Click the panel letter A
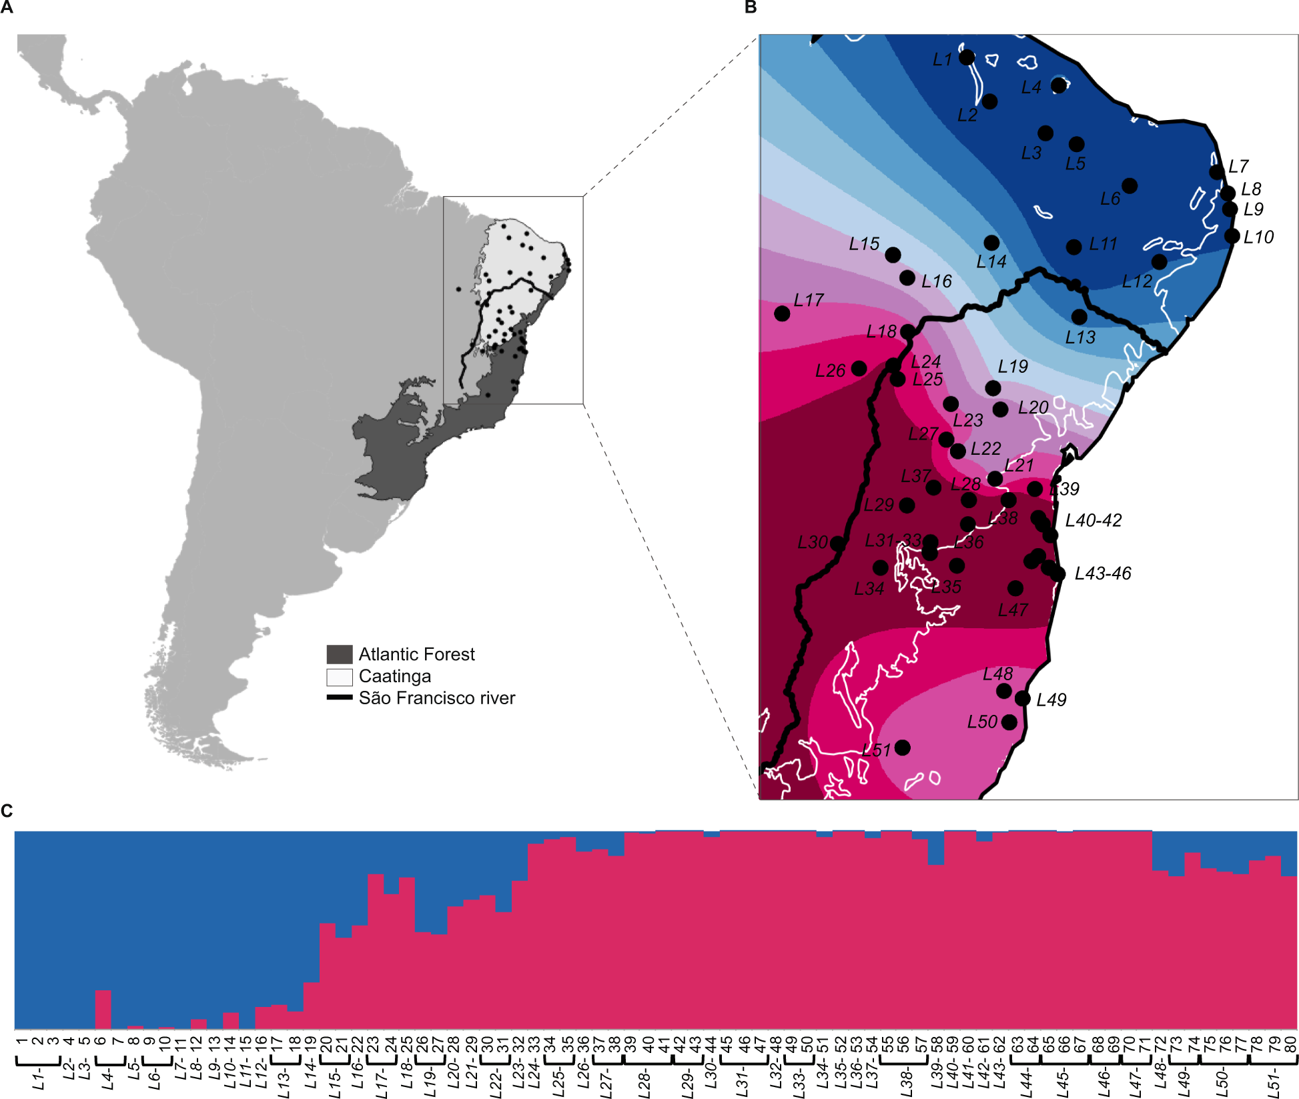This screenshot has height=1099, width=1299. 7,7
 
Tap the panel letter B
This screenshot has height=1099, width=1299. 751,7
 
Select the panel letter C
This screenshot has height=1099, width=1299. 7,810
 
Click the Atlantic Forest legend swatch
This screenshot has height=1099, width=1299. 339,654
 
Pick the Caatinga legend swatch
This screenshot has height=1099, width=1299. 339,677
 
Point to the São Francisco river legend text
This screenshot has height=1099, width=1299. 436,698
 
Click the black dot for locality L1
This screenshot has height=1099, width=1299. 967,57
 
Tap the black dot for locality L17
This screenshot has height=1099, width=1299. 782,313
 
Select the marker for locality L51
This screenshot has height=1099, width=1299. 902,747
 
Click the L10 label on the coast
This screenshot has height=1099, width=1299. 1258,237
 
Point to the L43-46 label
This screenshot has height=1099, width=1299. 1103,574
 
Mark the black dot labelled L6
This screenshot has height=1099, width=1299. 1130,185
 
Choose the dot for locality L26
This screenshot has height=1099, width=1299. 859,368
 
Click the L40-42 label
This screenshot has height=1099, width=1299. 1093,520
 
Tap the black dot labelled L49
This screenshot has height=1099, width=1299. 1022,698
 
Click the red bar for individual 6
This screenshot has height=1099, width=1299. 103,1010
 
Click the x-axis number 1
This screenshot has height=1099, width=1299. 22,1041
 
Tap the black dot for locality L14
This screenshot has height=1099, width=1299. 991,243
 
